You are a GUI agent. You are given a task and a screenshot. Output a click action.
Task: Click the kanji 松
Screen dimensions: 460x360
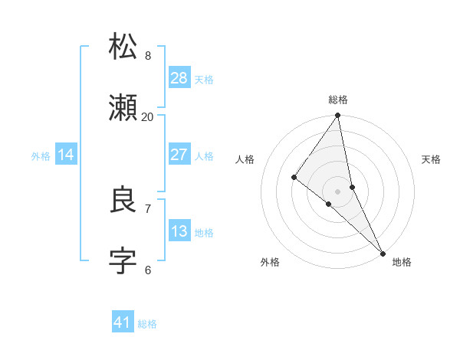(x=123, y=47)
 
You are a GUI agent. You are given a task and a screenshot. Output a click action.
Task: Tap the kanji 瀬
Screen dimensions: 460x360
(x=123, y=109)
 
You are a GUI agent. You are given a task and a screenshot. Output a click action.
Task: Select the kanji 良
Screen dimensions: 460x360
(x=123, y=200)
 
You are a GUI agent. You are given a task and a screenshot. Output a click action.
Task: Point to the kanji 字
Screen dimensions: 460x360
(x=123, y=261)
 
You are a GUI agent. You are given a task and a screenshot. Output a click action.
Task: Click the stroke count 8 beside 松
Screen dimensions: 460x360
(x=148, y=55)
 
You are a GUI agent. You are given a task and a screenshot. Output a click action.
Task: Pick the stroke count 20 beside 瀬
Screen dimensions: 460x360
(x=148, y=116)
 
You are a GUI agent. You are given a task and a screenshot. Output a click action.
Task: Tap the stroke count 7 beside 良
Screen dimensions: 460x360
(x=148, y=208)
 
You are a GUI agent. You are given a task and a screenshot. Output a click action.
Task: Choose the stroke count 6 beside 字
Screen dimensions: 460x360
(x=148, y=270)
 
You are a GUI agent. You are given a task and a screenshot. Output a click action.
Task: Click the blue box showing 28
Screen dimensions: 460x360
(x=179, y=77)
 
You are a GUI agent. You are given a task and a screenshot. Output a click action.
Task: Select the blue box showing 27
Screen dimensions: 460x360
(x=179, y=154)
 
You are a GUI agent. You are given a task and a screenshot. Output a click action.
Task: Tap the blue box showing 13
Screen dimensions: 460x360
(x=179, y=231)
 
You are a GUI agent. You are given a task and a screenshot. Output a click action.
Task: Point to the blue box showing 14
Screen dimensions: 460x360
(x=66, y=155)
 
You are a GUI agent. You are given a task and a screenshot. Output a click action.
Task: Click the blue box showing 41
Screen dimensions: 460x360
(x=123, y=322)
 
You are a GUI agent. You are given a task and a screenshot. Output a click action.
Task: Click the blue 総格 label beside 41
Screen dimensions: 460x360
(x=147, y=324)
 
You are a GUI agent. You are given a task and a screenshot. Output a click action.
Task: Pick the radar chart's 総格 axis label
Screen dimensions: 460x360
(x=338, y=100)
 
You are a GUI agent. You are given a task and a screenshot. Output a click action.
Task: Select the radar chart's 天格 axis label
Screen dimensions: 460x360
(x=432, y=159)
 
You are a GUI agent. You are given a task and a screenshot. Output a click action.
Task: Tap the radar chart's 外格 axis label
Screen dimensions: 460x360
(x=270, y=262)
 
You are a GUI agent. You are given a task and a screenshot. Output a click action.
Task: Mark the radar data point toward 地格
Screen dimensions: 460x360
(x=383, y=252)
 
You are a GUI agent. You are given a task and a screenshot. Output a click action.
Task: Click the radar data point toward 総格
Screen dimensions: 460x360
(x=338, y=116)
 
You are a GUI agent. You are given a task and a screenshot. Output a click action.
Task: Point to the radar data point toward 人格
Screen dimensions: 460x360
(x=294, y=178)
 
